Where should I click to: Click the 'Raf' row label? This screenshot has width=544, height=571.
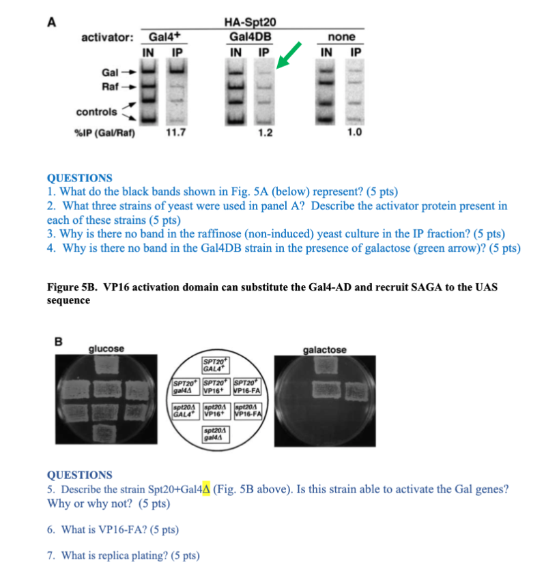[x=110, y=87]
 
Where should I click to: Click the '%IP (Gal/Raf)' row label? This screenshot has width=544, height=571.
[x=104, y=132]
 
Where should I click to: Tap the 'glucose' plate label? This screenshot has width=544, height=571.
[x=106, y=349]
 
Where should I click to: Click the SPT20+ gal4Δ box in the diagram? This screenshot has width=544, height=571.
[x=186, y=387]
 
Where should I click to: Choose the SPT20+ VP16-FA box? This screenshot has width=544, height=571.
[x=247, y=387]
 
